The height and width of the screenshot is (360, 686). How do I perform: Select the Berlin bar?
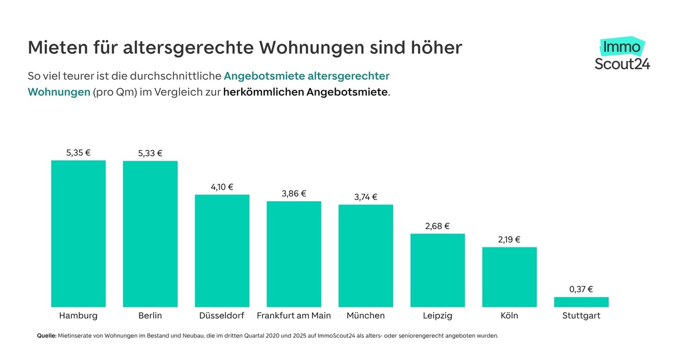coord(150,234)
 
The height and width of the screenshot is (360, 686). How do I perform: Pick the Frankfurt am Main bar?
coord(294,254)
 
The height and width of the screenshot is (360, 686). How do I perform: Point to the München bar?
coord(366,255)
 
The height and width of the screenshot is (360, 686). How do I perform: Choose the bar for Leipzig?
coord(438,270)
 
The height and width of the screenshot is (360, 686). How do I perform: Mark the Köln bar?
coord(509,277)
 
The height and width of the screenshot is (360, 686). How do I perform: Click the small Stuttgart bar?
coord(581,302)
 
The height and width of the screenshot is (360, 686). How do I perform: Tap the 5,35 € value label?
coord(78,153)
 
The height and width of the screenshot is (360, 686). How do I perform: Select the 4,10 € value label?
coord(222,187)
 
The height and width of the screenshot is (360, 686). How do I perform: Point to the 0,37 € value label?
coord(581,289)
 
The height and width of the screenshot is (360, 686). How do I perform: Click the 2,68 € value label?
coord(438,226)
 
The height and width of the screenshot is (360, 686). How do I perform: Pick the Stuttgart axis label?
coord(581,315)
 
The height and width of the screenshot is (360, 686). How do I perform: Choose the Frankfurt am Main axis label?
coord(294,315)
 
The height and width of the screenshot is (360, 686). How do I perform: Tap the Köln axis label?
coord(509,315)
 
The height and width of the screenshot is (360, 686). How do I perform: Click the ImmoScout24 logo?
coord(622,55)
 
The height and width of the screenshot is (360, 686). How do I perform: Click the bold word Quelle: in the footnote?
coord(46,336)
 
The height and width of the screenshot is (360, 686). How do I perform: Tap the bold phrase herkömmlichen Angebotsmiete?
coord(305,92)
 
